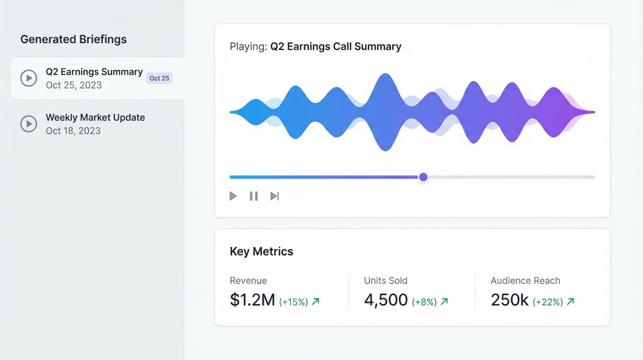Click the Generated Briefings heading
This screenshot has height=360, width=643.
coord(73,39)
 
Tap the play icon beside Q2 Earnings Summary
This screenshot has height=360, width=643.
coord(28,78)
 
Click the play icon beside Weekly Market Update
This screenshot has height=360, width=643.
coord(28,123)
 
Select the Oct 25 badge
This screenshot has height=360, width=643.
coord(159,78)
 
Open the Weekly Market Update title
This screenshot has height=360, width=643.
coord(95,118)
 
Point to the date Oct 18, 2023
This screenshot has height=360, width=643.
coord(73,130)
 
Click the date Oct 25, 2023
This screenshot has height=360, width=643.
coord(73,85)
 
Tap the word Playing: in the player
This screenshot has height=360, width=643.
coord(248,46)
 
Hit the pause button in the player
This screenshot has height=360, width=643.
coord(254,196)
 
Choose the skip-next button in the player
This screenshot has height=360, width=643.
coord(275,196)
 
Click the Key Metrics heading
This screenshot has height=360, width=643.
coord(261,251)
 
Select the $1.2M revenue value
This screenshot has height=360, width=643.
coord(252,300)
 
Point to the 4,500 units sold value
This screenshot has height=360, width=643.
coord(386,300)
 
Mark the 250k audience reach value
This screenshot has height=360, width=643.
coord(509,300)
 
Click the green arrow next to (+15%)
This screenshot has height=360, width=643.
coord(316,301)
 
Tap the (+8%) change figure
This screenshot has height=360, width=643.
coord(424,301)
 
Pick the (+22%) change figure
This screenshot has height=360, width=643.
coord(547,301)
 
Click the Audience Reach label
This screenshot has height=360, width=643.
coord(525,280)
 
